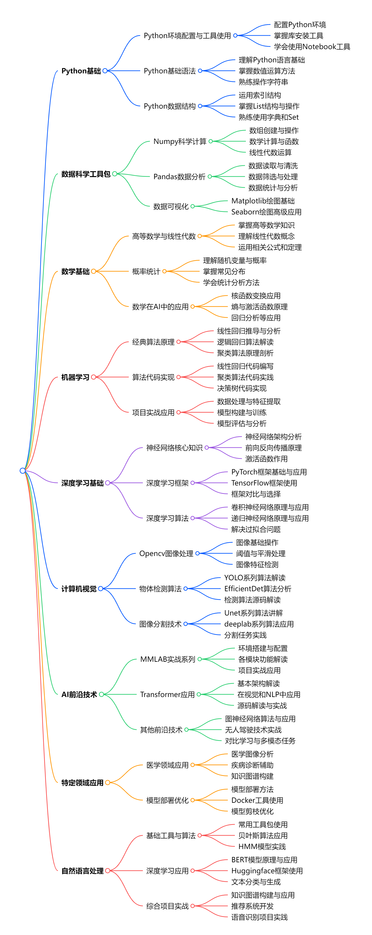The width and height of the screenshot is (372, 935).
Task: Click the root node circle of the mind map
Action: [x=22, y=470]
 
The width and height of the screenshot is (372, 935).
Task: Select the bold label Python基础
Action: [x=81, y=71]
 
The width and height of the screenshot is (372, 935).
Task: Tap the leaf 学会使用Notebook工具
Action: [x=312, y=46]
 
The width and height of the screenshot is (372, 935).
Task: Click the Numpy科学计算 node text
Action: [x=180, y=141]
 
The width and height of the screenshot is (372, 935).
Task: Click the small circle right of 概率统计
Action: [x=164, y=271]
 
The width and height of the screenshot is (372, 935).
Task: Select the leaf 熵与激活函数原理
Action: [x=259, y=307]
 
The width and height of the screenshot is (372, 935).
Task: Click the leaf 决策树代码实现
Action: [x=241, y=388]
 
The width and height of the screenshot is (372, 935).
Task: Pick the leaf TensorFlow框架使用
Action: [x=264, y=483]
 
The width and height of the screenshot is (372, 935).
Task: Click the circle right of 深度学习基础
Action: [x=108, y=483]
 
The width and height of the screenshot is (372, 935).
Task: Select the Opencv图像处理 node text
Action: [x=166, y=554]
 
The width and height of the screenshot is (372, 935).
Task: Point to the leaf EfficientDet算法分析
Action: [x=257, y=589]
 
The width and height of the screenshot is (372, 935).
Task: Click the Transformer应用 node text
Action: [x=167, y=694]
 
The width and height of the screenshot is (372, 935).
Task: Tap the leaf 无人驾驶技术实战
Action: [x=253, y=730]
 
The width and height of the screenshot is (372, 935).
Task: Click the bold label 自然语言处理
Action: [x=82, y=871]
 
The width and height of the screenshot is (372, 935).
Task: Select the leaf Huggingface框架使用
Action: [x=267, y=871]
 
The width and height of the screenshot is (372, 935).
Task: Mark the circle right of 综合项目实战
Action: [x=193, y=906]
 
